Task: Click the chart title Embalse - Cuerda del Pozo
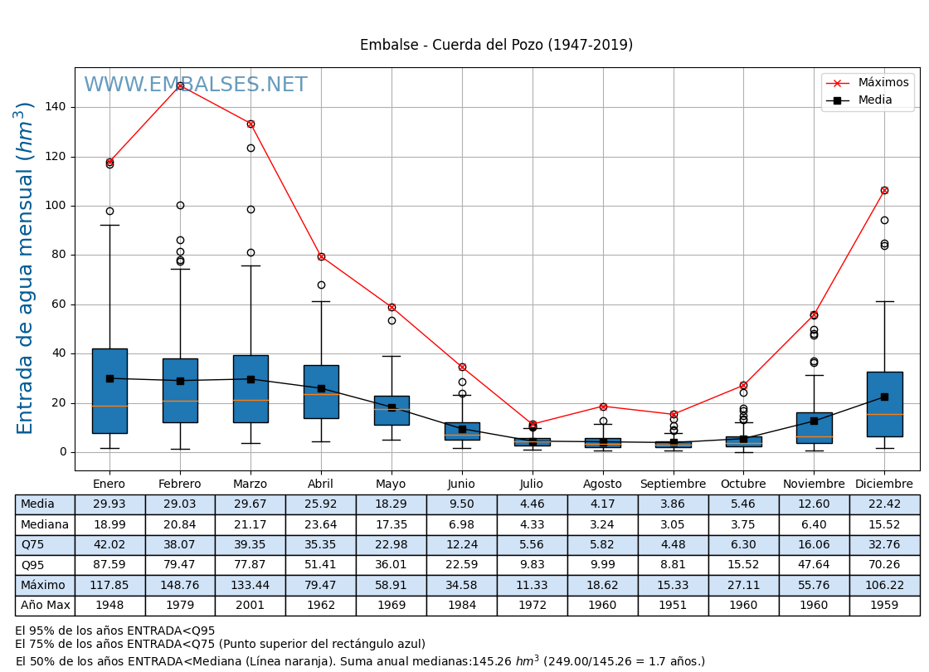[496, 45]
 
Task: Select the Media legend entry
[874, 100]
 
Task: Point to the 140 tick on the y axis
[56, 107]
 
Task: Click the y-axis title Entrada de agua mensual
[26, 268]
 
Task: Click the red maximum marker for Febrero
[180, 85]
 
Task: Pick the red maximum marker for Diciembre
[884, 190]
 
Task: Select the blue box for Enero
[109, 391]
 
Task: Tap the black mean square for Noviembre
[814, 421]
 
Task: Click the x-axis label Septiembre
[673, 484]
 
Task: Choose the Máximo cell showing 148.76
[180, 585]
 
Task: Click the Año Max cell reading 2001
[250, 606]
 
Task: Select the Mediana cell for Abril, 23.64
[321, 524]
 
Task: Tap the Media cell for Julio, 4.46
[532, 504]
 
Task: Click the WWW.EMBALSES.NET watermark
[196, 85]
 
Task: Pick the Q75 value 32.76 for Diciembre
[884, 545]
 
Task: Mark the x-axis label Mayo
[391, 484]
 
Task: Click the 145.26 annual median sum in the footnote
[496, 661]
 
